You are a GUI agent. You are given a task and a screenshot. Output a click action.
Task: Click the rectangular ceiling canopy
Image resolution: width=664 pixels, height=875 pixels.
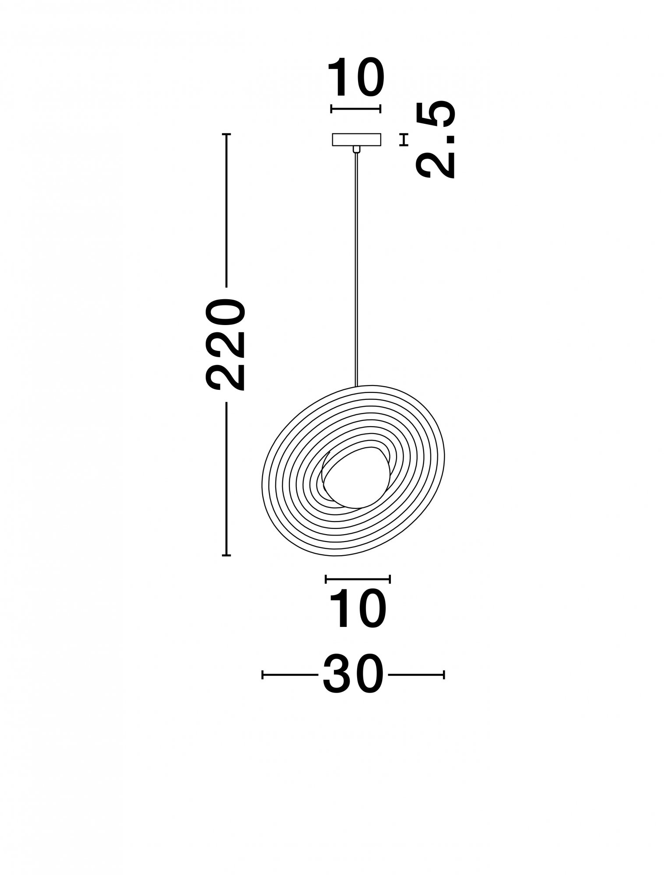(x=357, y=140)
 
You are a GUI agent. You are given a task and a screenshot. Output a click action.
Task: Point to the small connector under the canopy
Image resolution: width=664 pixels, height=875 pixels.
(x=357, y=150)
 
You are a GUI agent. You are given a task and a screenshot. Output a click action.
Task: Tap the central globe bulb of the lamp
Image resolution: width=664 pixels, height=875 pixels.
(x=355, y=478)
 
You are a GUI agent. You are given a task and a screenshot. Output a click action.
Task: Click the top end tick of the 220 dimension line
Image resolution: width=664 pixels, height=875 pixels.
(x=226, y=134)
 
